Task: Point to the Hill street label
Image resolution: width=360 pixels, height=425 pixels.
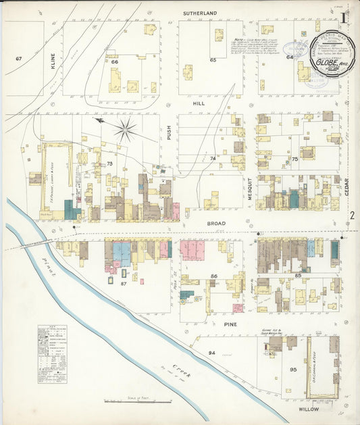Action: pos(199,103)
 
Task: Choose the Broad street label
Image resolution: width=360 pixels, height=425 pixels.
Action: pos(217,222)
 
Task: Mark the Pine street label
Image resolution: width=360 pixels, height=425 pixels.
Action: pos(230,324)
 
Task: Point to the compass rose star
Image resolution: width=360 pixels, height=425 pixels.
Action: pos(125,129)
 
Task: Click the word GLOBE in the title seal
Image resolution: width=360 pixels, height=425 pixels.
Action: pos(328,62)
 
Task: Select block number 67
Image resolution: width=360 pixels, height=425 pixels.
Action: pos(19,59)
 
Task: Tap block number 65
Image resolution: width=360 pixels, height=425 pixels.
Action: pos(213,60)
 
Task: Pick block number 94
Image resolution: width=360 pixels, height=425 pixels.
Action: pos(211,353)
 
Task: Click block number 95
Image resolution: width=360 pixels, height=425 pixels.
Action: pos(293,370)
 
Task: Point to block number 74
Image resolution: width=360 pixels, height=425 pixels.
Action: pos(213,158)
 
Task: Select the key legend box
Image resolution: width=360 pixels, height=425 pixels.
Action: pos(52,354)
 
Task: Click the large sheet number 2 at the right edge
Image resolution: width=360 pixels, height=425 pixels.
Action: pos(352,216)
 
